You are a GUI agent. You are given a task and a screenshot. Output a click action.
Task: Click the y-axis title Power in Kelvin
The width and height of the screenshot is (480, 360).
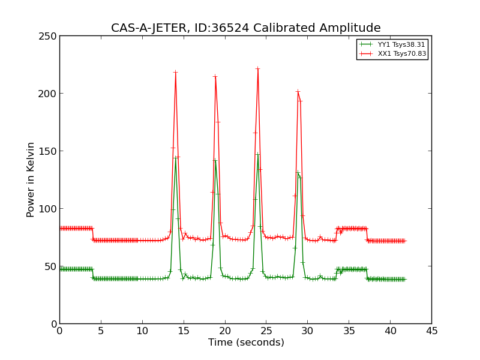(x=31, y=179)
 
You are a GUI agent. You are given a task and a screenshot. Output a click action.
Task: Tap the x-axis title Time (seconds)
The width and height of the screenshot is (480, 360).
(x=246, y=343)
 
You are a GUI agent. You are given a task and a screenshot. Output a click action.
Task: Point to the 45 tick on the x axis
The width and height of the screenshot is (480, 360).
(x=431, y=331)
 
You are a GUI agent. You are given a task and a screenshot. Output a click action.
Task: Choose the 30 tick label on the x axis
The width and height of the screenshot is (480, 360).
(x=307, y=331)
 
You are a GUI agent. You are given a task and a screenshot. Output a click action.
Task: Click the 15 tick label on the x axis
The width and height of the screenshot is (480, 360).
(x=184, y=331)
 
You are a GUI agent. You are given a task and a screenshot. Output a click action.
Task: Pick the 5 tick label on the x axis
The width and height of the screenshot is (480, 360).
(x=101, y=331)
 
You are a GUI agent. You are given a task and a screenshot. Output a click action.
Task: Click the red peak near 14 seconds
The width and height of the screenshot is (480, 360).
(x=175, y=73)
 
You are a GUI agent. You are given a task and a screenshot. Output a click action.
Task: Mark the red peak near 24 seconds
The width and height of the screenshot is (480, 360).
(x=257, y=68)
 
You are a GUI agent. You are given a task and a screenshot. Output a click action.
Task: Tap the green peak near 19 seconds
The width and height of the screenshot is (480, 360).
(x=215, y=160)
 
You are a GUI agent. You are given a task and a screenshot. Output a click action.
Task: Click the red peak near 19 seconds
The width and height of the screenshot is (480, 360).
(x=215, y=76)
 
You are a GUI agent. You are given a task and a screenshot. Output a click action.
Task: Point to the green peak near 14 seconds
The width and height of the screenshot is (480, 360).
(x=175, y=158)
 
